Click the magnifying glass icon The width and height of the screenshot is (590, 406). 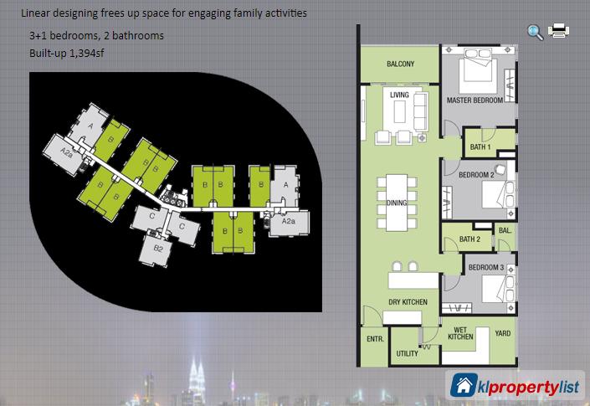click(x=535, y=33)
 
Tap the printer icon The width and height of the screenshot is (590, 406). click(x=558, y=30)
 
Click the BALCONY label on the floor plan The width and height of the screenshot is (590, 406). click(x=400, y=64)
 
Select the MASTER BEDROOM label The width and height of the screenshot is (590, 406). click(x=475, y=100)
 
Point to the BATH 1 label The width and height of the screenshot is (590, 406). click(x=480, y=146)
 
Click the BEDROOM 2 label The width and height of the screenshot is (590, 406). click(x=476, y=175)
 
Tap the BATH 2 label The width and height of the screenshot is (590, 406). click(x=469, y=239)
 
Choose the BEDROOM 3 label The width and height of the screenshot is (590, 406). click(x=485, y=267)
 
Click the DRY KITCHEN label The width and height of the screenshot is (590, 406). click(x=408, y=301)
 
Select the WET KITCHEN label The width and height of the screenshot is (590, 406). click(x=460, y=333)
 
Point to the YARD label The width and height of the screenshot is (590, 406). click(x=503, y=333)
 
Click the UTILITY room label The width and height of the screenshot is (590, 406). click(x=407, y=353)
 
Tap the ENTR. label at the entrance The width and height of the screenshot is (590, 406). click(x=375, y=339)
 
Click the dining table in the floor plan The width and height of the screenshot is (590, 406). click(x=397, y=203)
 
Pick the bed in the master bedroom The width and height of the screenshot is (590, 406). click(x=478, y=70)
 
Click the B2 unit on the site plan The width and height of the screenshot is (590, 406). click(x=156, y=249)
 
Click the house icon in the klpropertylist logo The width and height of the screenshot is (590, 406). click(x=464, y=385)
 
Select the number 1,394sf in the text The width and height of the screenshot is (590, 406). click(x=86, y=53)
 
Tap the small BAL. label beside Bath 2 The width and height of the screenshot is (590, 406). click(x=505, y=230)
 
